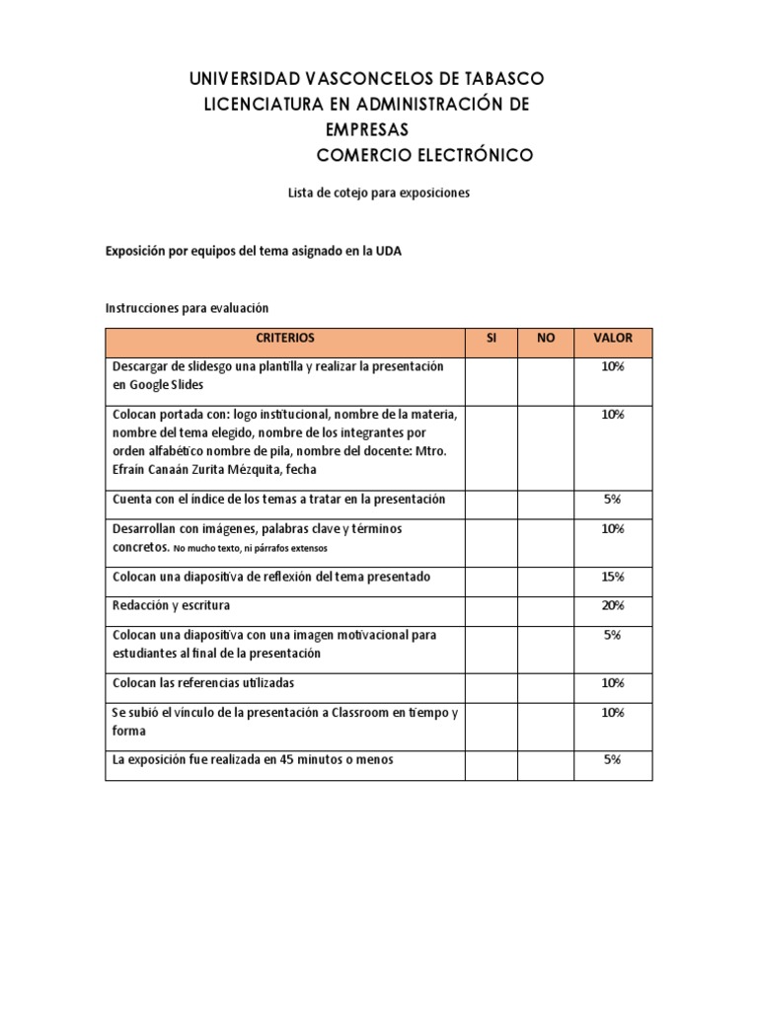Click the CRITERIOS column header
pos(285,338)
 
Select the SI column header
pos(491,338)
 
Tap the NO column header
pos(545,338)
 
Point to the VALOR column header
pos(612,338)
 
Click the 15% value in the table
pos(612,576)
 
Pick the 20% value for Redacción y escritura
pos(612,605)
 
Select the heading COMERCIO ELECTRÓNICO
pos(424,156)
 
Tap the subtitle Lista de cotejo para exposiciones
pos(378,194)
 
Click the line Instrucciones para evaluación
pos(187,308)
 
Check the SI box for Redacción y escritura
pos(491,605)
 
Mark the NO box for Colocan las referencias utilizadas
pos(545,683)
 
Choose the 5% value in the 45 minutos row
pos(612,759)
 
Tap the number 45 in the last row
pos(288,759)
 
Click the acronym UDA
pos(389,252)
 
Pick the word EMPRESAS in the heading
pos(367,130)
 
